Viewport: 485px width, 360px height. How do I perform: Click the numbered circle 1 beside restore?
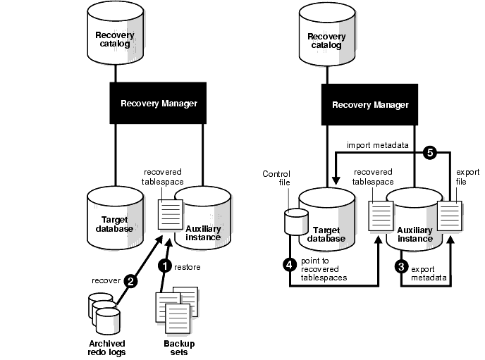tap(164, 266)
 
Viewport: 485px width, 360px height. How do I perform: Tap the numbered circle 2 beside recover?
tap(130, 280)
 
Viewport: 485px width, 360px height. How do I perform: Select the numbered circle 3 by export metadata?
tap(402, 267)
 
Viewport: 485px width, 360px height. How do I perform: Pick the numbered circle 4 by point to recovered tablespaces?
tap(289, 264)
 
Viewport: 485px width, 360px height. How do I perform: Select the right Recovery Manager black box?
tap(370, 104)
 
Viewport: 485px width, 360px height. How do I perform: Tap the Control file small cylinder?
tap(292, 221)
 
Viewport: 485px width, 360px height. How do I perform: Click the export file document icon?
tap(448, 213)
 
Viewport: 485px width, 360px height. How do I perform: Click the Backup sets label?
tap(178, 347)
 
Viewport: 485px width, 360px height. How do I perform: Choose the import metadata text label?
tap(378, 145)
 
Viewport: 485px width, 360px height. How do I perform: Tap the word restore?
tap(186, 266)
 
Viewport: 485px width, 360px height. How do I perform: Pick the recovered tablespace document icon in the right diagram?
tap(381, 214)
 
